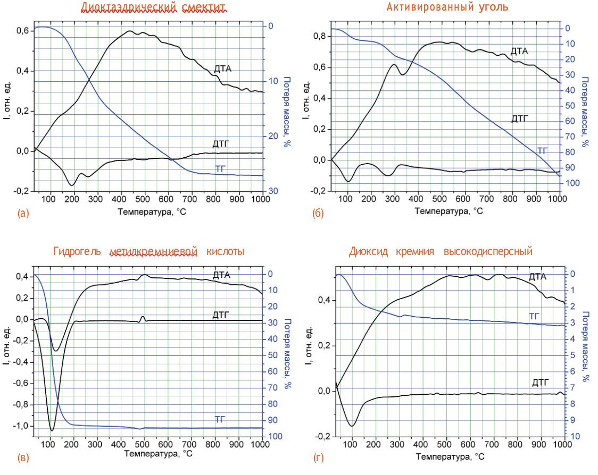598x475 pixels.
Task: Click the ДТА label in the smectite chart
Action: click(223, 69)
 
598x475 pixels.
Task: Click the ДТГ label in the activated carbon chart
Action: click(519, 119)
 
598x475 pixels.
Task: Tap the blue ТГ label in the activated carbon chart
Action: click(542, 151)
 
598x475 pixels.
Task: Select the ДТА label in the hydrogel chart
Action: click(221, 275)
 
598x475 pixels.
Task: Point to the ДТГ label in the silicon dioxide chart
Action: click(541, 383)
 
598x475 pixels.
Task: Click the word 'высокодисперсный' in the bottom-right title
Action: click(488, 251)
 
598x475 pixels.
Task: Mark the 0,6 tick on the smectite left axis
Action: click(22, 31)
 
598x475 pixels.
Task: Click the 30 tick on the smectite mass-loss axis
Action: click(271, 191)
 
